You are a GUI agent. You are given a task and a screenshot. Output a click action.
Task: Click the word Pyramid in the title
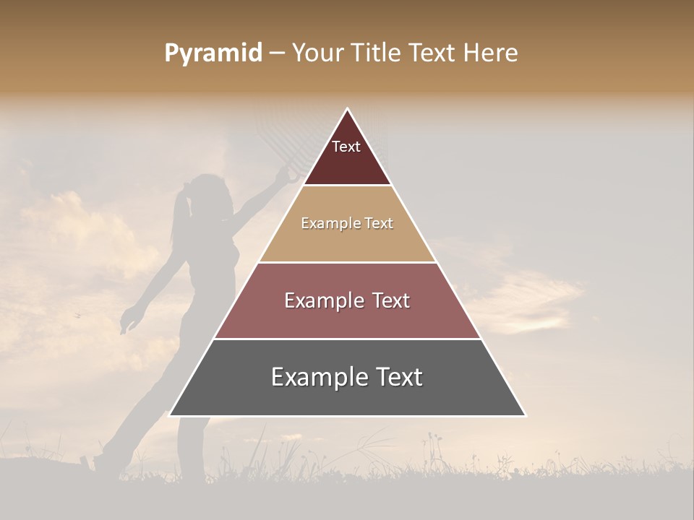(213, 53)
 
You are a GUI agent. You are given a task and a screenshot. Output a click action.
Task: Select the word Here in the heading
(491, 53)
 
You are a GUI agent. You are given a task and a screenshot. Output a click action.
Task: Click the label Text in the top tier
(346, 147)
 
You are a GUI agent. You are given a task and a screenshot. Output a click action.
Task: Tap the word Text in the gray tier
(398, 377)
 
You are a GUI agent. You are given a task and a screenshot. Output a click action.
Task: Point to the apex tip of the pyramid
(347, 110)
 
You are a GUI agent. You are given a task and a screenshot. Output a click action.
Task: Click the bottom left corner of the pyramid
(171, 415)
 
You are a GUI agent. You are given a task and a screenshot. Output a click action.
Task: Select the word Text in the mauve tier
(389, 300)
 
